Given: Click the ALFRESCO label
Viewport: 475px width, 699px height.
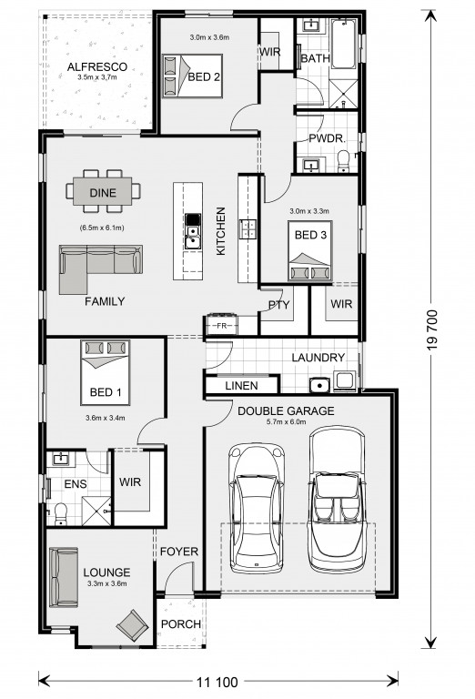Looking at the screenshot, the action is click(97, 66).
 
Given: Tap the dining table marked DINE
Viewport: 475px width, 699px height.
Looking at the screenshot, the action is click(103, 192).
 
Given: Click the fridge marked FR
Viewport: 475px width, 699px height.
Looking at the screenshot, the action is click(221, 326).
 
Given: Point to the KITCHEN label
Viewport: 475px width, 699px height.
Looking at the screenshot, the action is click(220, 231).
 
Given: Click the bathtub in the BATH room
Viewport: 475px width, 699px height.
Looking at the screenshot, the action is click(344, 44).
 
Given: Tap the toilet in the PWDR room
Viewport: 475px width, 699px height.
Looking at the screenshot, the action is click(344, 161).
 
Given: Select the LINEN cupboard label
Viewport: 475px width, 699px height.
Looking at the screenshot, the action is click(241, 386).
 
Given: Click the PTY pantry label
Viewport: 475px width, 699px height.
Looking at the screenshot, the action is click(279, 305).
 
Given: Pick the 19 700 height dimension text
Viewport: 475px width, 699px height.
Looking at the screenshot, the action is click(432, 329).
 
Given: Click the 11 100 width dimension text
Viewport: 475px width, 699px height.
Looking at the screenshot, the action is click(217, 682).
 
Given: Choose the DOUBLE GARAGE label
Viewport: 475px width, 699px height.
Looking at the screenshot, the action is click(286, 410).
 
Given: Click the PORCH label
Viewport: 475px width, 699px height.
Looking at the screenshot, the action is click(181, 624).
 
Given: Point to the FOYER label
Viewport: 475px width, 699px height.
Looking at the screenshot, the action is click(179, 552).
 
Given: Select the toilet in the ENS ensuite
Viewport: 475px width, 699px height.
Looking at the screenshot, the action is click(59, 513).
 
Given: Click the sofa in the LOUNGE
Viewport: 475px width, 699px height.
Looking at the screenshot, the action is click(64, 577).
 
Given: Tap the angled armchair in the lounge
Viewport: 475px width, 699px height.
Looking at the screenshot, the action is click(132, 625).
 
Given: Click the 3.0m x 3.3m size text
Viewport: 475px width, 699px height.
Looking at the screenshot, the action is click(308, 211).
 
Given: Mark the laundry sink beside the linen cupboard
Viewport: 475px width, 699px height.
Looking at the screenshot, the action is click(319, 385).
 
